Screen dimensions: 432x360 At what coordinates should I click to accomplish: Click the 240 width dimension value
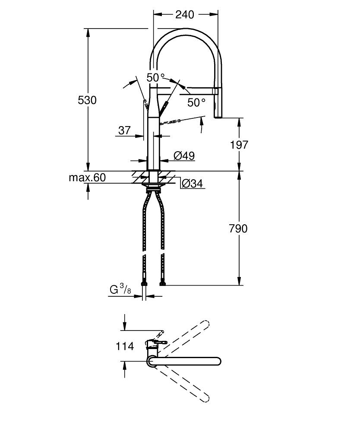coord(184,14)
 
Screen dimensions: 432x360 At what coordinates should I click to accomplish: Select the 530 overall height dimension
coord(87,100)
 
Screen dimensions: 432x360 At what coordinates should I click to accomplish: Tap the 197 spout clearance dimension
coord(239,145)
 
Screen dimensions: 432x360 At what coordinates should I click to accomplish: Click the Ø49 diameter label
coord(184,156)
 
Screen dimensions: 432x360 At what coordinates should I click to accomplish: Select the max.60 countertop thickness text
coord(87,178)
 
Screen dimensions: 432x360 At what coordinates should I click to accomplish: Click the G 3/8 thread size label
coord(120,289)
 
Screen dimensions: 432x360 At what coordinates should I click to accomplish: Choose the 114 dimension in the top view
coord(125,346)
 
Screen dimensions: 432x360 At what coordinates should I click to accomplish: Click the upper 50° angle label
coord(156,78)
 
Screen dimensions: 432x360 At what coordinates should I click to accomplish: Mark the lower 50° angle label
coord(196,102)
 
